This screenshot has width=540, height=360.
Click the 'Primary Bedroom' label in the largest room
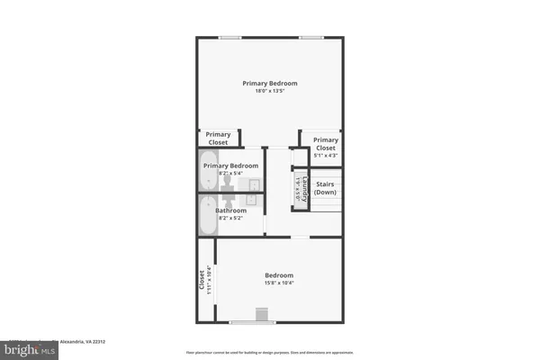click(x=270, y=83)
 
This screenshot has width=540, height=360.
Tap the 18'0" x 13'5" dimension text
click(x=270, y=92)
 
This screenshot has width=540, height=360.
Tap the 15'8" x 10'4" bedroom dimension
click(x=278, y=283)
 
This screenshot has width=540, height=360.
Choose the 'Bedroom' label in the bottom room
click(x=278, y=274)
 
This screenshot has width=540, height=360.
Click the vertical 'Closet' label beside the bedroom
click(x=201, y=280)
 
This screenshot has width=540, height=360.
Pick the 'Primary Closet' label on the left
click(x=218, y=138)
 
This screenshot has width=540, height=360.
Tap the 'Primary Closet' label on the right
click(x=326, y=144)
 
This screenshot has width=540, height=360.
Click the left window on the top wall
click(x=229, y=37)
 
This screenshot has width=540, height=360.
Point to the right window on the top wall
click(x=311, y=37)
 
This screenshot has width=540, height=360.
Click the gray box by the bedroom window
click(x=262, y=314)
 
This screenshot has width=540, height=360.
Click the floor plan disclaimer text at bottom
click(x=270, y=352)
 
